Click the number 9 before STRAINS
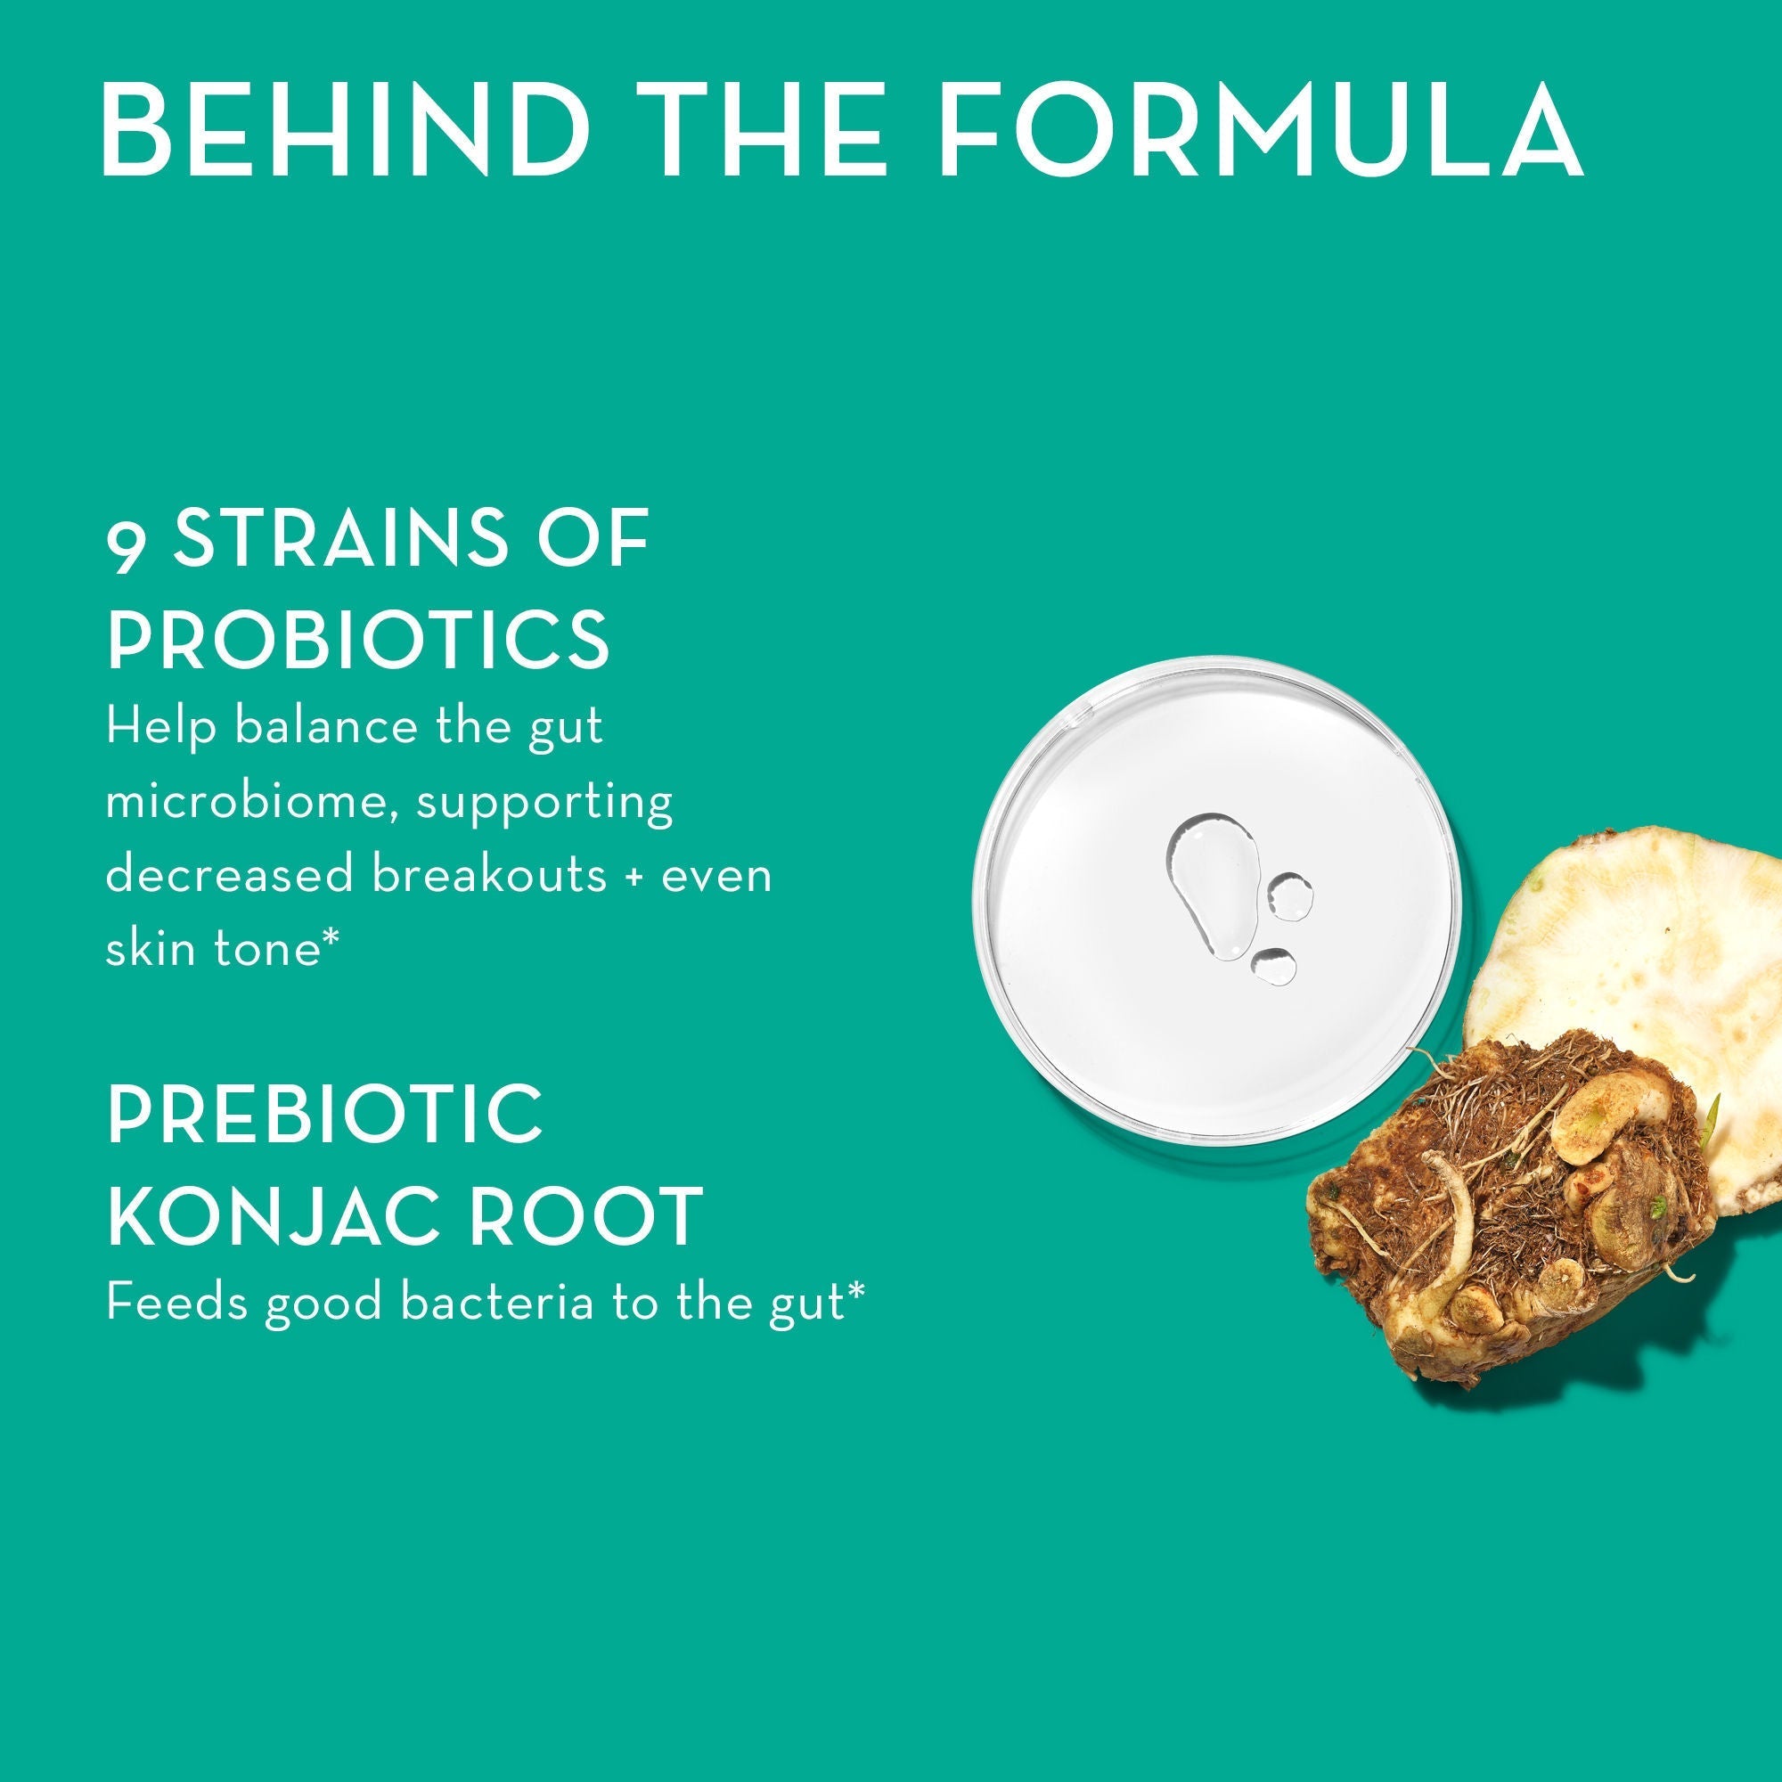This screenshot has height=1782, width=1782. (x=126, y=545)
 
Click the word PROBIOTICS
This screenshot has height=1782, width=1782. (x=358, y=639)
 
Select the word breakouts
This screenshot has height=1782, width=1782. (x=490, y=874)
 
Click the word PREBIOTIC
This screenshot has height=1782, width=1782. (x=324, y=1115)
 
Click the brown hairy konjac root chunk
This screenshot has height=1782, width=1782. (x=1513, y=1217)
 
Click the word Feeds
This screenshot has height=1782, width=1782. (x=176, y=1304)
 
